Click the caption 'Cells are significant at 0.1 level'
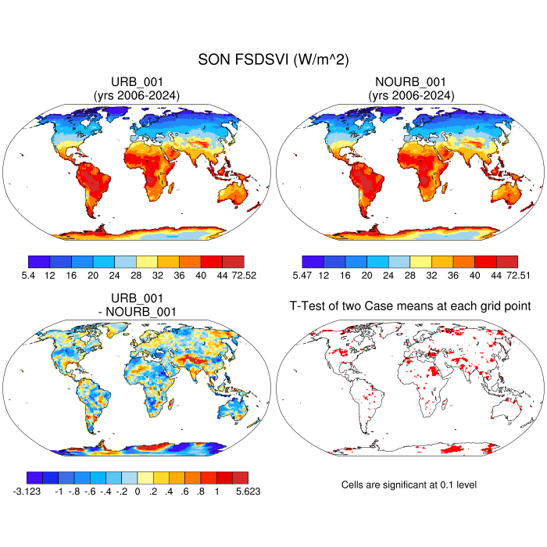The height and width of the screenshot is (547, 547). click(x=409, y=485)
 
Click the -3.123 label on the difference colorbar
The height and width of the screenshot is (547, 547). click(x=36, y=492)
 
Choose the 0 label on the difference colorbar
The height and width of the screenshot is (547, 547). click(x=137, y=492)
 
